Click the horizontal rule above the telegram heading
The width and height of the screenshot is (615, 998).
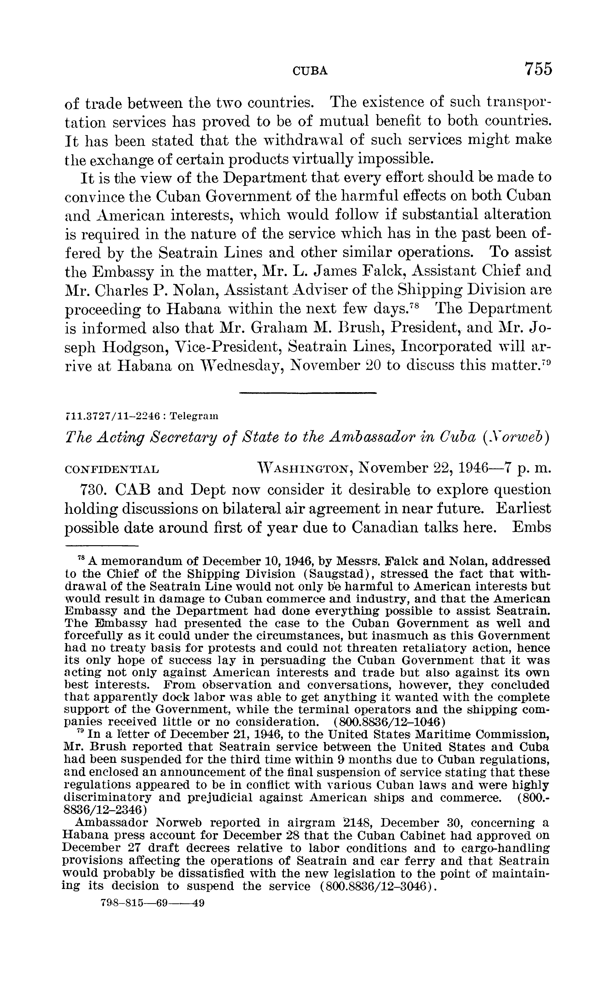(x=307, y=392)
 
